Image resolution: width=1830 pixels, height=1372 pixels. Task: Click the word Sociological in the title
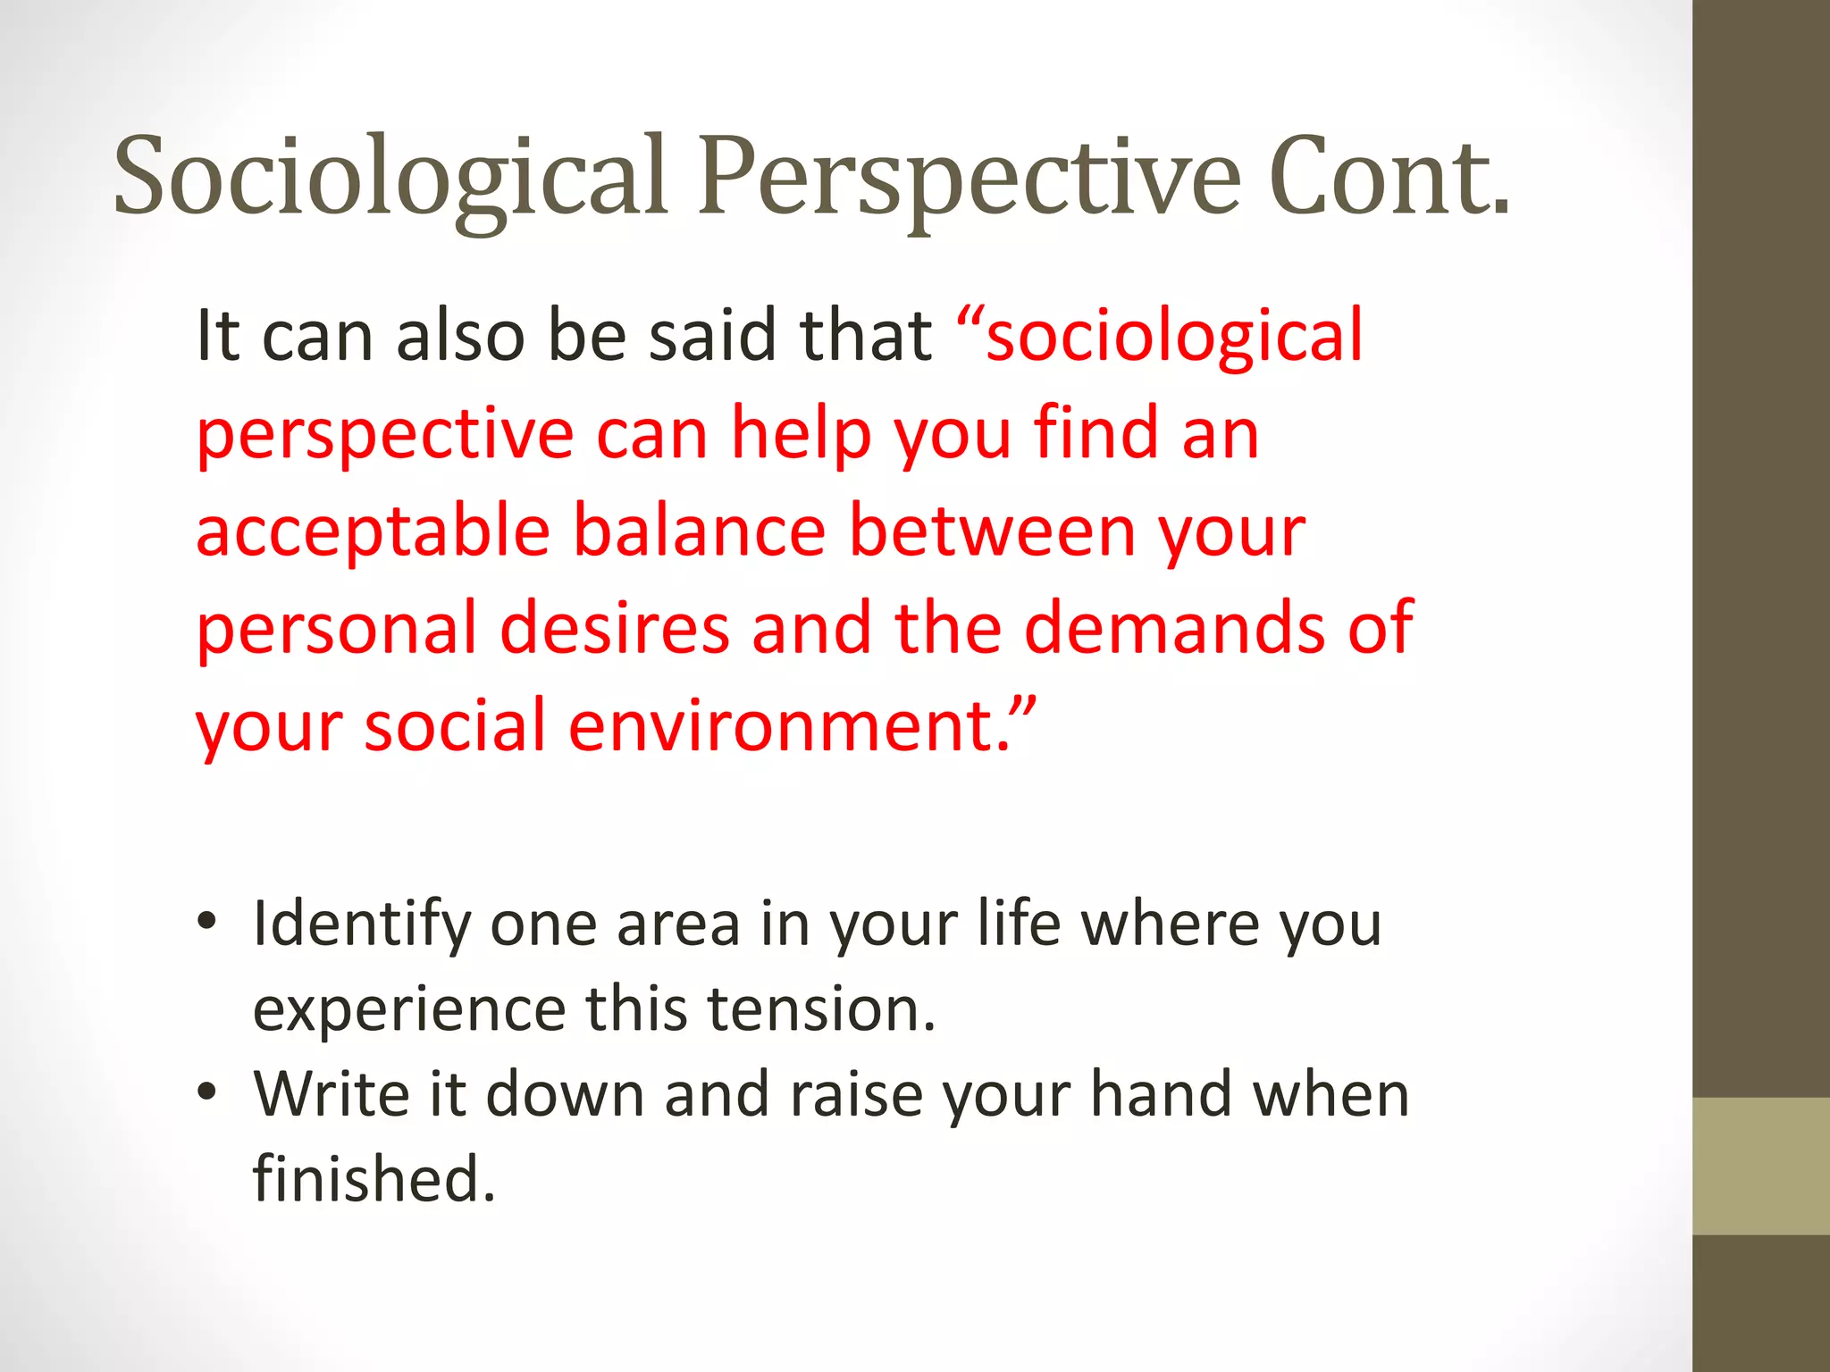[390, 176]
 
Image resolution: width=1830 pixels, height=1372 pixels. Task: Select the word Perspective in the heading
[969, 176]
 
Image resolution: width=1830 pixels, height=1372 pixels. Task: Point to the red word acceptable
[373, 531]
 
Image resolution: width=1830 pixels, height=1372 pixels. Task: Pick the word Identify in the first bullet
[361, 924]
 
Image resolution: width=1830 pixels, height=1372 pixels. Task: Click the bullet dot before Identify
[207, 922]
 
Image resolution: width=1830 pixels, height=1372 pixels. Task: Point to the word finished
[374, 1179]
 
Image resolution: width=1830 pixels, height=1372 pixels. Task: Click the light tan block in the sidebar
[1761, 1166]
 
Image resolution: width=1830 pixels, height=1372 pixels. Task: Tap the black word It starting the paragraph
[217, 337]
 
